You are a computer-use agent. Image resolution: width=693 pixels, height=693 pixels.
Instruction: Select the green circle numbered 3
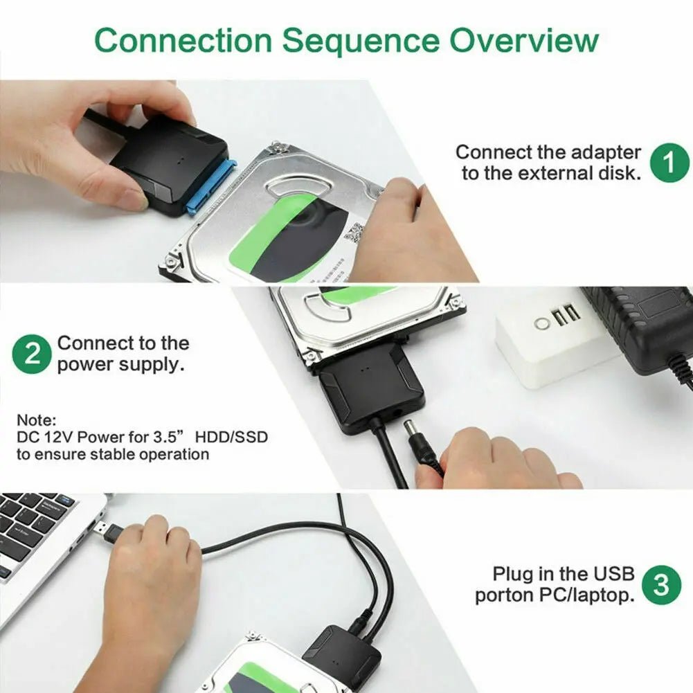coord(662,586)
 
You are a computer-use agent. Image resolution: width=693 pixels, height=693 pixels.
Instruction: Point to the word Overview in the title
coord(523,40)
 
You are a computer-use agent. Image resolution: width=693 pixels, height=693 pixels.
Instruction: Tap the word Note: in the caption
coord(35,420)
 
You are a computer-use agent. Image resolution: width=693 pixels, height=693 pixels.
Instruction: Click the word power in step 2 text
coord(84,363)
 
